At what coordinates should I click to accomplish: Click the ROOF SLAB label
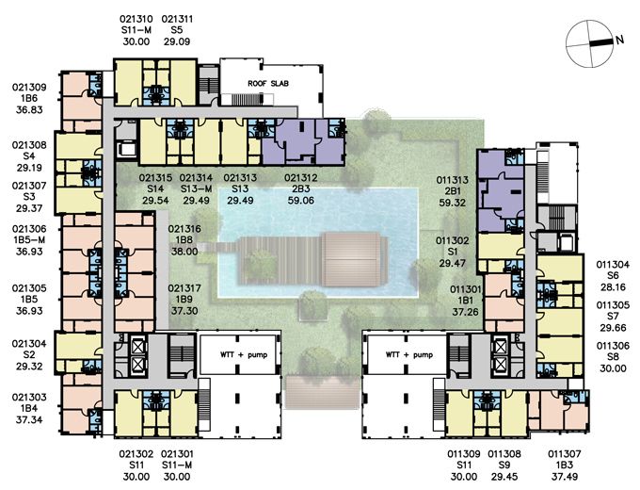click(268, 83)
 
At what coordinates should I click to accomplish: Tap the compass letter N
click(620, 40)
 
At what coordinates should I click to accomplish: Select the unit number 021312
click(301, 178)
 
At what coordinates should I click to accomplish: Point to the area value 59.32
click(453, 203)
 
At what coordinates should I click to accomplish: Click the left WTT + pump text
click(244, 354)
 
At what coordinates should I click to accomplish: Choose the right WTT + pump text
click(409, 354)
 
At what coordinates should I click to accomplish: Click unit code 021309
click(29, 88)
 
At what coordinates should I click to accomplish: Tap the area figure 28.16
click(613, 287)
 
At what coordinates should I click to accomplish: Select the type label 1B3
click(565, 465)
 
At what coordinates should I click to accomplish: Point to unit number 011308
click(504, 454)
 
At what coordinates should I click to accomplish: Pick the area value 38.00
click(184, 252)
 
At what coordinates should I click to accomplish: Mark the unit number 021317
click(184, 288)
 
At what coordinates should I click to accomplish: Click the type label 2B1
click(453, 191)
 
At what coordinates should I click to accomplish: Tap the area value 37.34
click(29, 419)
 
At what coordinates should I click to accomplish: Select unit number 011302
click(453, 240)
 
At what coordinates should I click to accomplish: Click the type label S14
click(155, 188)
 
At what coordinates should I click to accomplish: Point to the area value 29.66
click(613, 328)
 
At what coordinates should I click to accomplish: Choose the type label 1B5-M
click(29, 240)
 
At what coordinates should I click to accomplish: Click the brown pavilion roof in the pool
click(354, 259)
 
